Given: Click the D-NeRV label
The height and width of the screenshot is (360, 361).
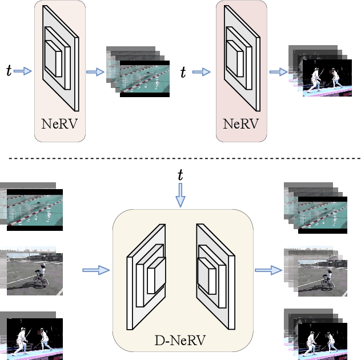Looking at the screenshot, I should point(180,342).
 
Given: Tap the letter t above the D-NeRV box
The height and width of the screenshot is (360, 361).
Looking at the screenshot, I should point(181,175).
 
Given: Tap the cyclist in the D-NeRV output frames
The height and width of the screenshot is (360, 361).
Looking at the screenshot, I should point(327,278).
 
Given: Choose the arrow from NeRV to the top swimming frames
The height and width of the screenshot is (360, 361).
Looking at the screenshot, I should point(94,72).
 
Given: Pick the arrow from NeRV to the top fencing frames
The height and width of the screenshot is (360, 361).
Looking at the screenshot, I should point(278,72).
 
